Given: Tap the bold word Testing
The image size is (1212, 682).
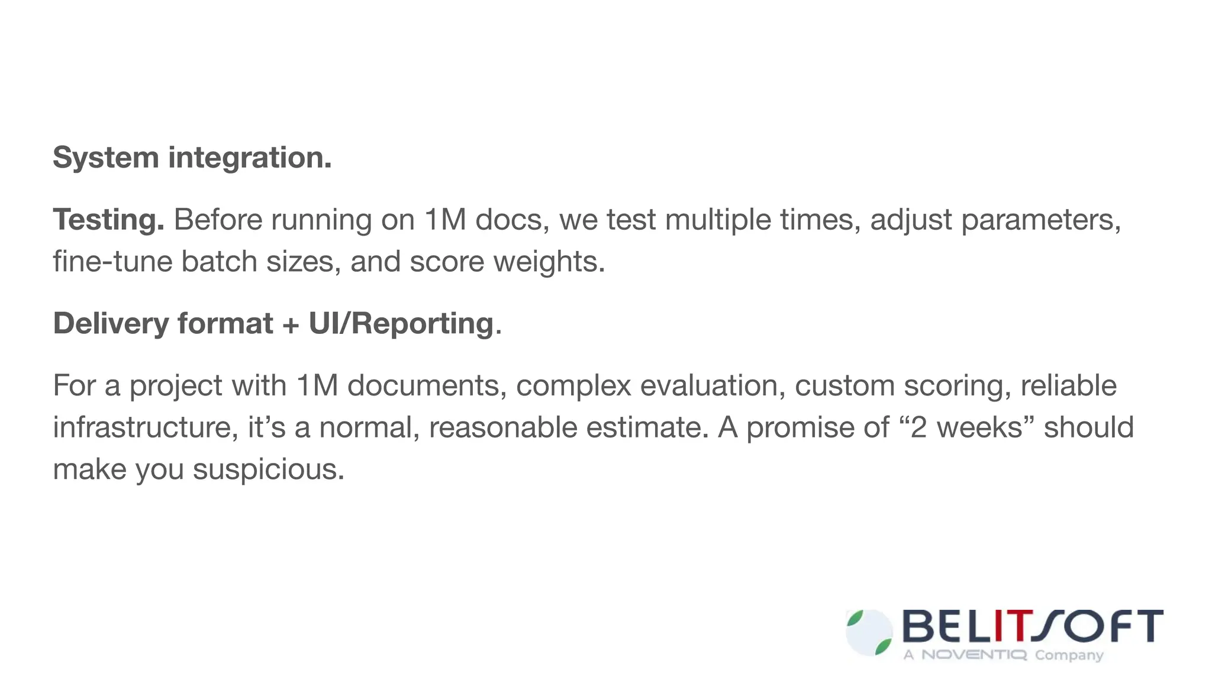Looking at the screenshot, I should (108, 220).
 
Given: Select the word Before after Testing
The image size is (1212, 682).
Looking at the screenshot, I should (218, 220).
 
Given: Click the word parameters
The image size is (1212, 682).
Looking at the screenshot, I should (1040, 220).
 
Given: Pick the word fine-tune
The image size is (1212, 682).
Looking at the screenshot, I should (112, 262).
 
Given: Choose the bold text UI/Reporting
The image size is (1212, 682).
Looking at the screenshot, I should (401, 324).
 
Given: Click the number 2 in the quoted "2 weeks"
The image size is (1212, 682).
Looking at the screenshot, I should (918, 427).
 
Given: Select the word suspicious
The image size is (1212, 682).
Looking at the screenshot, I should (268, 469).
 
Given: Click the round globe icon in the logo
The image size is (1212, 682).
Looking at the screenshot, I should (869, 633).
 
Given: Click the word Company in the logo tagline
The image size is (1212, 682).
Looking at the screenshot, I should (1069, 655).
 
